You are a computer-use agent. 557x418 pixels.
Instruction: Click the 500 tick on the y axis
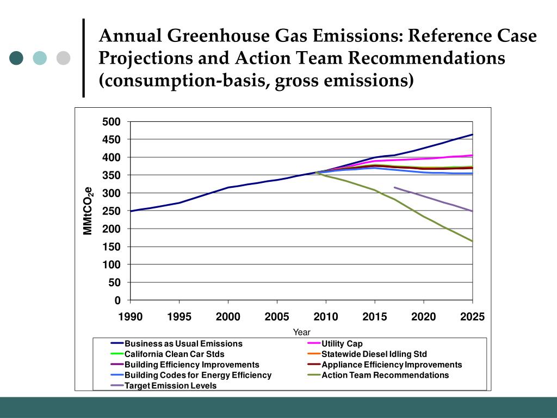click(x=112, y=121)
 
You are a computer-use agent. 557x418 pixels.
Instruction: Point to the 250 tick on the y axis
click(x=112, y=211)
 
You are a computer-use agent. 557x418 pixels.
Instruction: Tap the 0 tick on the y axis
click(x=116, y=300)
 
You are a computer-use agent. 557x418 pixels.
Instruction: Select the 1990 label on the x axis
click(x=131, y=317)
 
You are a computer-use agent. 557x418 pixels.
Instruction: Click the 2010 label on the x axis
click(x=326, y=317)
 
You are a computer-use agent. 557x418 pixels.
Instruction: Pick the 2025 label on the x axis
click(x=472, y=317)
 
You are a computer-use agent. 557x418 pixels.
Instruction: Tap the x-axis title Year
click(x=301, y=332)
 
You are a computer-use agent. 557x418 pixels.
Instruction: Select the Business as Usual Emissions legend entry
click(x=183, y=344)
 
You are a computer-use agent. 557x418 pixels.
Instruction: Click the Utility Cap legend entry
click(x=342, y=344)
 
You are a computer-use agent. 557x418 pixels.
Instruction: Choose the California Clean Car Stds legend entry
click(x=174, y=354)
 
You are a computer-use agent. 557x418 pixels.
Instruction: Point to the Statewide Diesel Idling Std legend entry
click(x=374, y=354)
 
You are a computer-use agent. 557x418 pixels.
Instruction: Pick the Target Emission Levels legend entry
click(x=170, y=386)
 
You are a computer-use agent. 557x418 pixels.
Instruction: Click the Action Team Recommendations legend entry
click(x=385, y=375)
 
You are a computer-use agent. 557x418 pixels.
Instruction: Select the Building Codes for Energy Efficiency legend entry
click(x=197, y=375)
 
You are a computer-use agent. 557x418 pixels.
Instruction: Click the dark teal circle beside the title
click(x=16, y=58)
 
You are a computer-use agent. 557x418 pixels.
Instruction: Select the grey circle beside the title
click(x=64, y=58)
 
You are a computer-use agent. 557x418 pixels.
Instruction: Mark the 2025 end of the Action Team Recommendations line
click(x=472, y=241)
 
